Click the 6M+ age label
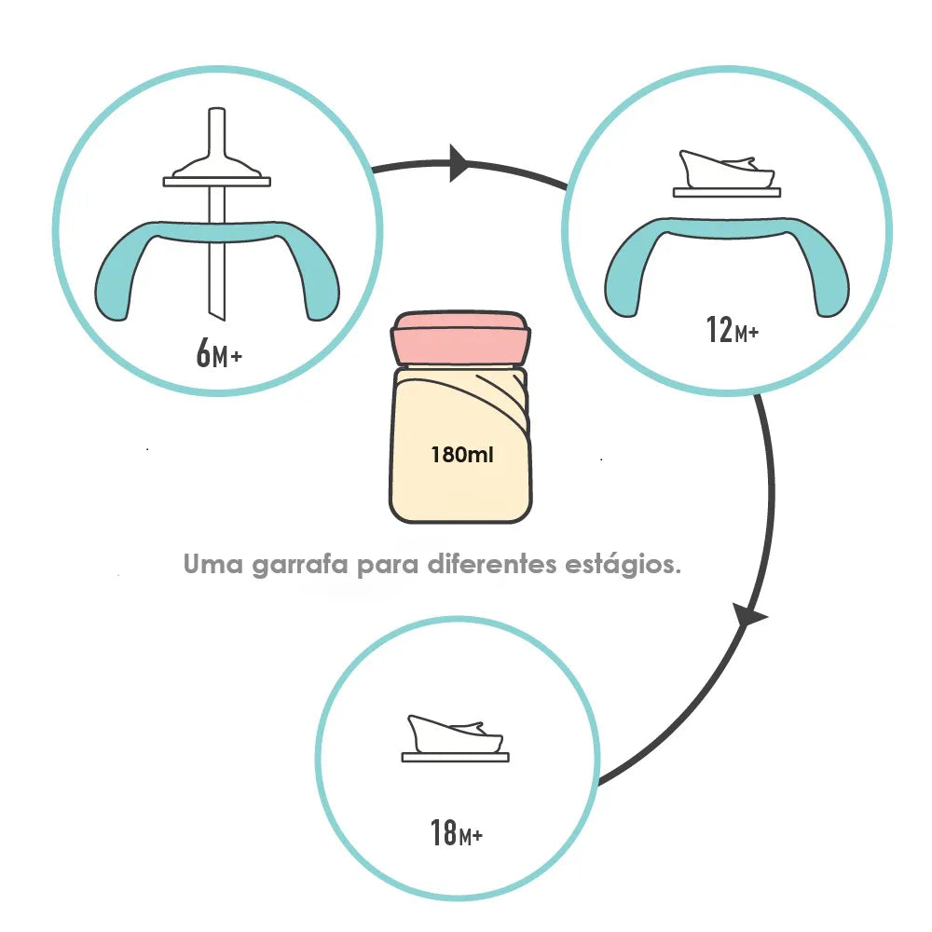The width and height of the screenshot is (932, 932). pos(219,353)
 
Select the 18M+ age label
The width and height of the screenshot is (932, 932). pos(456,832)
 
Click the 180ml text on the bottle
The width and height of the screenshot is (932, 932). pos(462,455)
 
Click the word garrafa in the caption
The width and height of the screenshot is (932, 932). pos(299,565)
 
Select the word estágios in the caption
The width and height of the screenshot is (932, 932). pos(623,565)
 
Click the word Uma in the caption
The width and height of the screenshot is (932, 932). pos(212,564)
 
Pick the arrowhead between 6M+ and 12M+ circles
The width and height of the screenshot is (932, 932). pos(459,162)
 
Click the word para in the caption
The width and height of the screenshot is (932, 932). pos(388,566)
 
